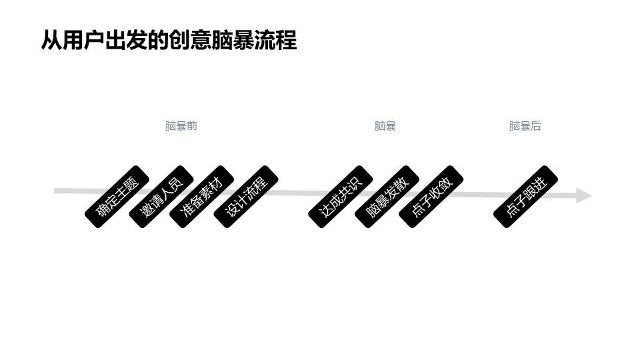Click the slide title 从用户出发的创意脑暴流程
(169, 41)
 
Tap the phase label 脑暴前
(181, 126)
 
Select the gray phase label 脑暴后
(525, 126)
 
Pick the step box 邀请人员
(161, 197)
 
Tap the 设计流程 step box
(246, 197)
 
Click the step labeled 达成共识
(340, 197)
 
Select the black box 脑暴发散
(386, 197)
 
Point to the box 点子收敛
(431, 197)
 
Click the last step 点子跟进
(525, 197)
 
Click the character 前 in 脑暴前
(192, 126)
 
